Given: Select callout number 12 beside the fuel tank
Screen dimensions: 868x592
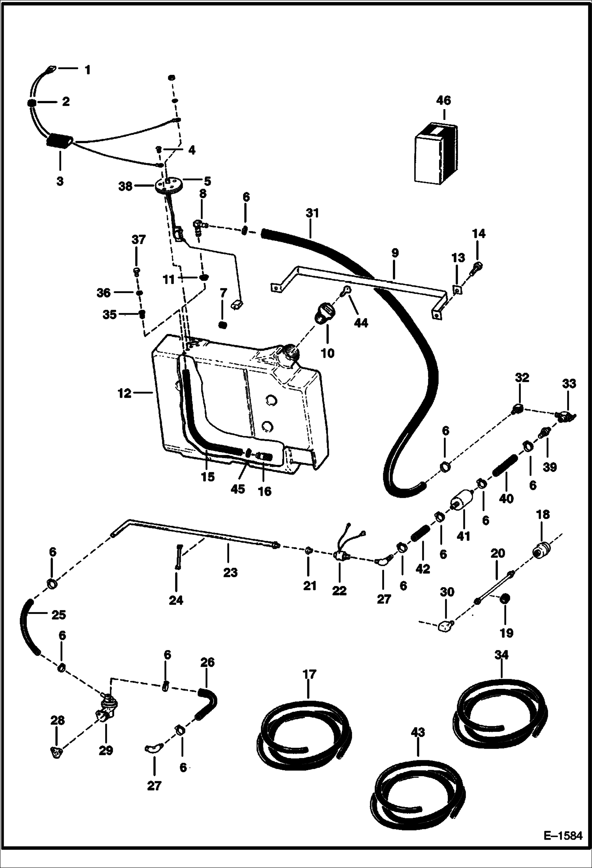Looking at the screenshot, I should pos(124,393).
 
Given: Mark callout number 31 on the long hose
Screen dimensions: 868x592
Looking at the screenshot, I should pos(312,213).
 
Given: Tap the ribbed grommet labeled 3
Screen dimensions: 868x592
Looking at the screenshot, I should pos(60,141).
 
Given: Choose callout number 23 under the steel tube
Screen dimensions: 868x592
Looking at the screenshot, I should pos(230,572).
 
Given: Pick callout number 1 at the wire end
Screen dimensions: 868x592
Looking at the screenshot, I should pos(87,70).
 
